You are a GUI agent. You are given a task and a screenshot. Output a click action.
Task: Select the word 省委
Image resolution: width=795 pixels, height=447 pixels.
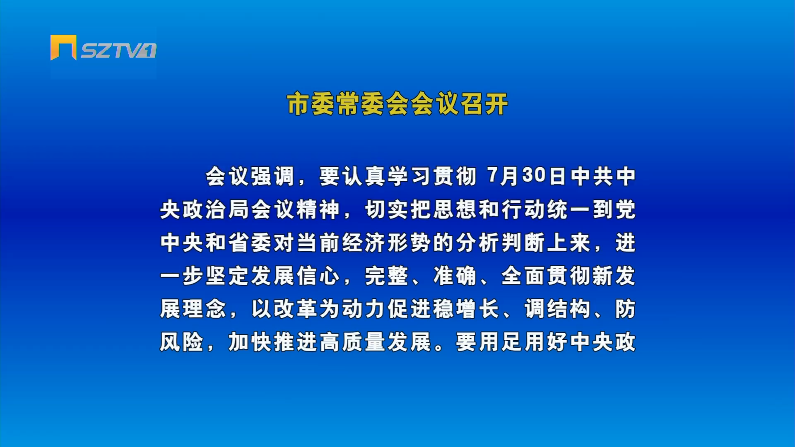click(x=251, y=243)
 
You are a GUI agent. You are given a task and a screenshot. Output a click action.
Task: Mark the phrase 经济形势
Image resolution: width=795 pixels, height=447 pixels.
click(x=387, y=243)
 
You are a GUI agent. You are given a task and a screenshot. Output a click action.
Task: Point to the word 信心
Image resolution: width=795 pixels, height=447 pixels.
click(x=319, y=276)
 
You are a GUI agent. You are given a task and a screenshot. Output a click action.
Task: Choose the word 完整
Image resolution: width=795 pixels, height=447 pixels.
click(x=387, y=276)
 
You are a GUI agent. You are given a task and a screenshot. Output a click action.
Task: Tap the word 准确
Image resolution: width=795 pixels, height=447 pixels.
click(x=455, y=276)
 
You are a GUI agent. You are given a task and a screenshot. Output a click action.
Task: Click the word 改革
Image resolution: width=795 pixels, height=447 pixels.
click(x=296, y=309)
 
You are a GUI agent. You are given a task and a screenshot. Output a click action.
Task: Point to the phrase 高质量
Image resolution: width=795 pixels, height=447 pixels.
click(x=353, y=342)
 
